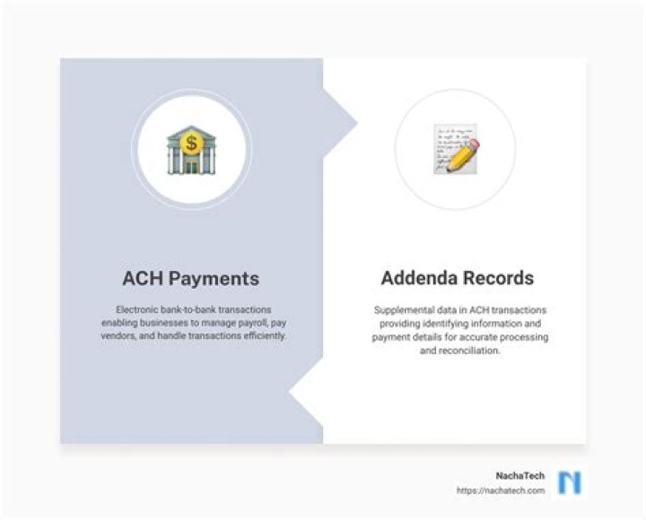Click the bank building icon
(x=191, y=151)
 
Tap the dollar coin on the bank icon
(x=190, y=142)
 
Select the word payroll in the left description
(x=251, y=323)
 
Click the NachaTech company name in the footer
(x=519, y=475)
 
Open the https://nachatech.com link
(x=500, y=490)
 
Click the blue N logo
(x=569, y=482)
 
